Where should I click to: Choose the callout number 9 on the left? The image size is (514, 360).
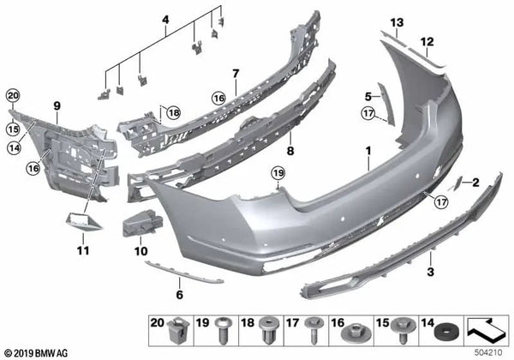tap(57, 106)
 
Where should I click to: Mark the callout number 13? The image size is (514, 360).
tap(397, 21)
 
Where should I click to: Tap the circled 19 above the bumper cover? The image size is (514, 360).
tap(277, 175)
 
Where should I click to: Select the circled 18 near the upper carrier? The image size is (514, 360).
tap(174, 112)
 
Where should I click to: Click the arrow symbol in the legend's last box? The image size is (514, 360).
tap(485, 326)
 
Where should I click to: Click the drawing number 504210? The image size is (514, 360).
tap(490, 351)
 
